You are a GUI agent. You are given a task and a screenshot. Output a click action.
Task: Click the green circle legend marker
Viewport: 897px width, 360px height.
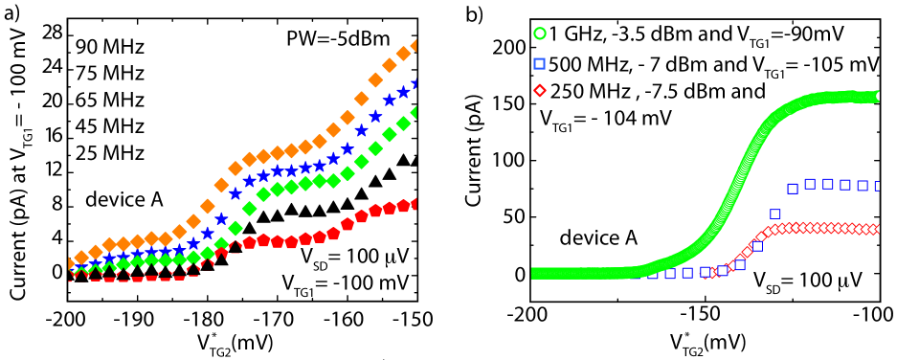click(x=540, y=34)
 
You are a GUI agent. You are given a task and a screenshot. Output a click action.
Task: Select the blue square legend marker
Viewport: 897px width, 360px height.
click(x=539, y=63)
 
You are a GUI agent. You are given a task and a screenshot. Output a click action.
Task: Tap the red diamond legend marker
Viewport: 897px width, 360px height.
click(x=540, y=90)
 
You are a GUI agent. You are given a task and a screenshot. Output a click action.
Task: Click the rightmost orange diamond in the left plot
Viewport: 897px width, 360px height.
click(x=415, y=46)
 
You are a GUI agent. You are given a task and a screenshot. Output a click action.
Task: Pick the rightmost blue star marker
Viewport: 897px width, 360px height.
click(x=415, y=84)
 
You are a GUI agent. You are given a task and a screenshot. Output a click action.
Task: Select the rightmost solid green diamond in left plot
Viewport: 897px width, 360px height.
click(x=415, y=113)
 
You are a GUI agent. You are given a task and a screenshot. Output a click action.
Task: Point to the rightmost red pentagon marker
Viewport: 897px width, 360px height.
click(x=414, y=203)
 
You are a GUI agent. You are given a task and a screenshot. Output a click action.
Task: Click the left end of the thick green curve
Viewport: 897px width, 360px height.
click(x=534, y=273)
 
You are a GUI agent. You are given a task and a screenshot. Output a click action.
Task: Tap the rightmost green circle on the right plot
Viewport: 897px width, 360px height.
click(x=877, y=96)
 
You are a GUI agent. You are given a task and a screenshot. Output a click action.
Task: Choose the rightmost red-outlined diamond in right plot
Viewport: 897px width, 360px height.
click(x=875, y=229)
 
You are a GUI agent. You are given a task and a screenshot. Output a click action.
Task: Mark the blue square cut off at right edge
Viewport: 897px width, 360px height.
click(x=877, y=186)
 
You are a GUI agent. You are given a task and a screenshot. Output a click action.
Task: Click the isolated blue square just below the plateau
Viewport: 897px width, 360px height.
click(x=774, y=214)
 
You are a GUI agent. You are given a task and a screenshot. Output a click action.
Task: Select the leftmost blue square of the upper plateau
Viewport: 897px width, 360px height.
click(x=793, y=189)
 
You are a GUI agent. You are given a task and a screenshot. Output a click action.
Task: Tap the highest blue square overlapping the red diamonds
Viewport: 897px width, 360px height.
click(x=757, y=246)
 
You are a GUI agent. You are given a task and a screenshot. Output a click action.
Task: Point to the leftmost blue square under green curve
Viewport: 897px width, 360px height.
click(x=652, y=274)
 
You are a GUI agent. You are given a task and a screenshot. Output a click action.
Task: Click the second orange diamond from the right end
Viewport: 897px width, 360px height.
click(x=403, y=54)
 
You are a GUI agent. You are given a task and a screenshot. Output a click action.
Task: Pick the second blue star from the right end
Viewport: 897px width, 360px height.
click(x=403, y=92)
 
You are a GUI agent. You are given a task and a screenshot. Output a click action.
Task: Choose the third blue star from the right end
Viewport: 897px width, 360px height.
click(x=390, y=100)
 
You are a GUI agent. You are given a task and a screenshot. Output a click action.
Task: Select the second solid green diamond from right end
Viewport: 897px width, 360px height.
click(x=403, y=124)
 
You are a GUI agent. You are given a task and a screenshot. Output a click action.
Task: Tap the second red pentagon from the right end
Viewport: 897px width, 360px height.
click(x=403, y=205)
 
